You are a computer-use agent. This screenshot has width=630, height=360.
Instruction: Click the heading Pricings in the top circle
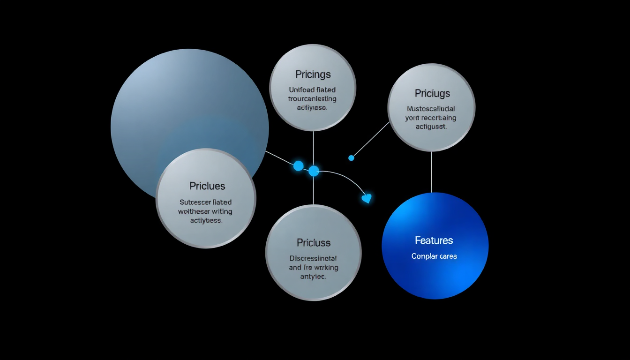pyautogui.click(x=313, y=75)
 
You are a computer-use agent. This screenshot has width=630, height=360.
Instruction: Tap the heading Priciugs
pyautogui.click(x=432, y=93)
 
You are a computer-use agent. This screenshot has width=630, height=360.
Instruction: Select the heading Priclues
pyautogui.click(x=207, y=186)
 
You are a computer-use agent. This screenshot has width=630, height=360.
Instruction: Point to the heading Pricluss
pyautogui.click(x=313, y=243)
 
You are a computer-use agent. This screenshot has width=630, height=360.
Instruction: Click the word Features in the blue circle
pyautogui.click(x=434, y=240)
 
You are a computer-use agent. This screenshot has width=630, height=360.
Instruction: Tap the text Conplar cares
pyautogui.click(x=434, y=256)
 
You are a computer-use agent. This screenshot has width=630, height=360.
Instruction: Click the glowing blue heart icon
pyautogui.click(x=367, y=198)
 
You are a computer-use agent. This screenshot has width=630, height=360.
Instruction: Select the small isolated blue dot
pyautogui.click(x=351, y=158)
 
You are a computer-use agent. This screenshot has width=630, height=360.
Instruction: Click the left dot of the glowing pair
pyautogui.click(x=298, y=165)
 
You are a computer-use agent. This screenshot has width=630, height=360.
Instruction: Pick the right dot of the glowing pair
pyautogui.click(x=314, y=171)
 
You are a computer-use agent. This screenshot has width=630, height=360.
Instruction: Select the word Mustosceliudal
pyautogui.click(x=431, y=109)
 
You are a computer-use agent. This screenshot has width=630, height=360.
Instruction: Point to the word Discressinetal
pyautogui.click(x=313, y=258)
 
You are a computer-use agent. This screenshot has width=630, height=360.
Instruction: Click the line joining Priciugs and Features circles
pyautogui.click(x=431, y=172)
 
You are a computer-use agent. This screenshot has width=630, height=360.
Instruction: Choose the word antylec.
pyautogui.click(x=313, y=277)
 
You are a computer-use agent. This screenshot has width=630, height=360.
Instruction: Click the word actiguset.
pyautogui.click(x=431, y=127)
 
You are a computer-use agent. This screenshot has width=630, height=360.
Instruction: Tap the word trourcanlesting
pyautogui.click(x=313, y=98)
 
